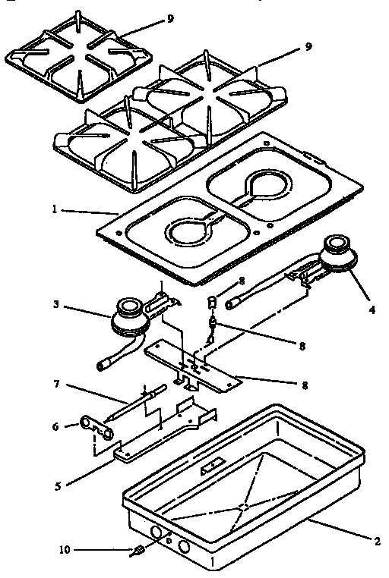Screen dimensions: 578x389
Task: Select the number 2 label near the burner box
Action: click(375, 542)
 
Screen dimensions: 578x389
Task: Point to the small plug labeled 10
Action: click(140, 551)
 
